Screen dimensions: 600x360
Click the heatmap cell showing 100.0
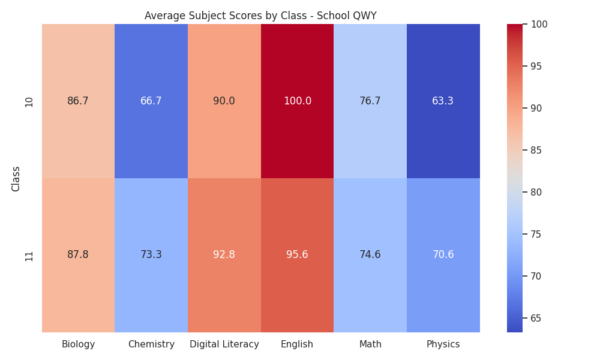coord(298,101)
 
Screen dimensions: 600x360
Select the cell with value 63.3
coord(443,101)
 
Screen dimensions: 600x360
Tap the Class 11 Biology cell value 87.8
coord(78,255)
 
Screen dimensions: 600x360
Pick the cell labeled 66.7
coord(151,101)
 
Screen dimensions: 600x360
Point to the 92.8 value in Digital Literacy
coord(224,255)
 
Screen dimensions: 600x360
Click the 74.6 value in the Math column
coord(370,255)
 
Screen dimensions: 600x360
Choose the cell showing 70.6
coord(443,255)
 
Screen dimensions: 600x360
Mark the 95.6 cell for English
coord(298,255)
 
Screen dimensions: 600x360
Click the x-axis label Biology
coord(78,344)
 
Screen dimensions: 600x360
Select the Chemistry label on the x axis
coord(151,344)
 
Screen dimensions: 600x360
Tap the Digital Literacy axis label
coord(224,344)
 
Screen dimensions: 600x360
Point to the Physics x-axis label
coord(443,344)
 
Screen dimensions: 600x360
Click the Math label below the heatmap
coord(370,344)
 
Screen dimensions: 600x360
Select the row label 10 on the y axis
coord(29,102)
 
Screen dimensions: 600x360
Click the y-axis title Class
coord(16,179)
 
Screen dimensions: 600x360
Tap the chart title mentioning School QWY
coord(260,16)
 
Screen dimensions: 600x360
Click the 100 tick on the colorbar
coord(539,24)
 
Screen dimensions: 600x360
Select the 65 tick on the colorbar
coord(536,318)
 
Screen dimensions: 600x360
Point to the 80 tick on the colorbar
coord(536,192)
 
